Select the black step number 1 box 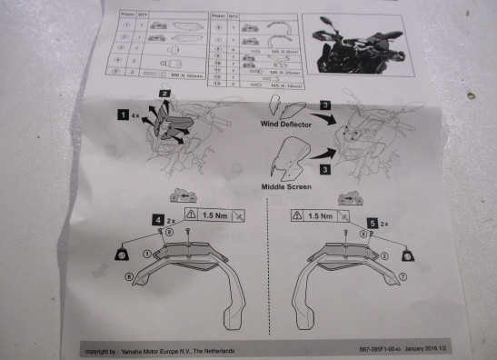pos(122,115)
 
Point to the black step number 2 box pos(164,93)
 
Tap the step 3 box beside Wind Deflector pos(324,106)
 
